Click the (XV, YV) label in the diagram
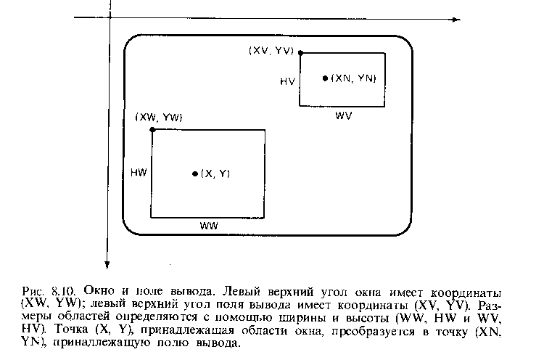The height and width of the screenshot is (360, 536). coord(271,51)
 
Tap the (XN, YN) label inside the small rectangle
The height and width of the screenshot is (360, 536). coord(353,78)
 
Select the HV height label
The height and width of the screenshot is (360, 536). coord(287,81)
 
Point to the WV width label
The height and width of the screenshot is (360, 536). coord(343,115)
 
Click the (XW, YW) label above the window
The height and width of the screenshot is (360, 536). coord(159,118)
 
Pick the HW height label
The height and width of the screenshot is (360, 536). coord(139,173)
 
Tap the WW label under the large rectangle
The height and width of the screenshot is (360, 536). coord(208,226)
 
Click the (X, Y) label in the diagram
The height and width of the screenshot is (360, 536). coord(215,174)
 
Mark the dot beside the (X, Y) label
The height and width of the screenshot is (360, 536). coord(195,174)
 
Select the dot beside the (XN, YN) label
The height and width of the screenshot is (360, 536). coord(325,78)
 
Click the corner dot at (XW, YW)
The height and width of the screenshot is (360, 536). coord(152,130)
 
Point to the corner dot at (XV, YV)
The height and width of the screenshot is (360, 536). coord(300,53)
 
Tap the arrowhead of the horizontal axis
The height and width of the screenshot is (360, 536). coord(457,20)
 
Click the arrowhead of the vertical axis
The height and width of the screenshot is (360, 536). coord(107,265)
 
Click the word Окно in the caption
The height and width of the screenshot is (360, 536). coord(99,291)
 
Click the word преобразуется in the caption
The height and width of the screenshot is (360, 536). coord(373,332)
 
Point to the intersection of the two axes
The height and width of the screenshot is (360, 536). coord(110,17)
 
